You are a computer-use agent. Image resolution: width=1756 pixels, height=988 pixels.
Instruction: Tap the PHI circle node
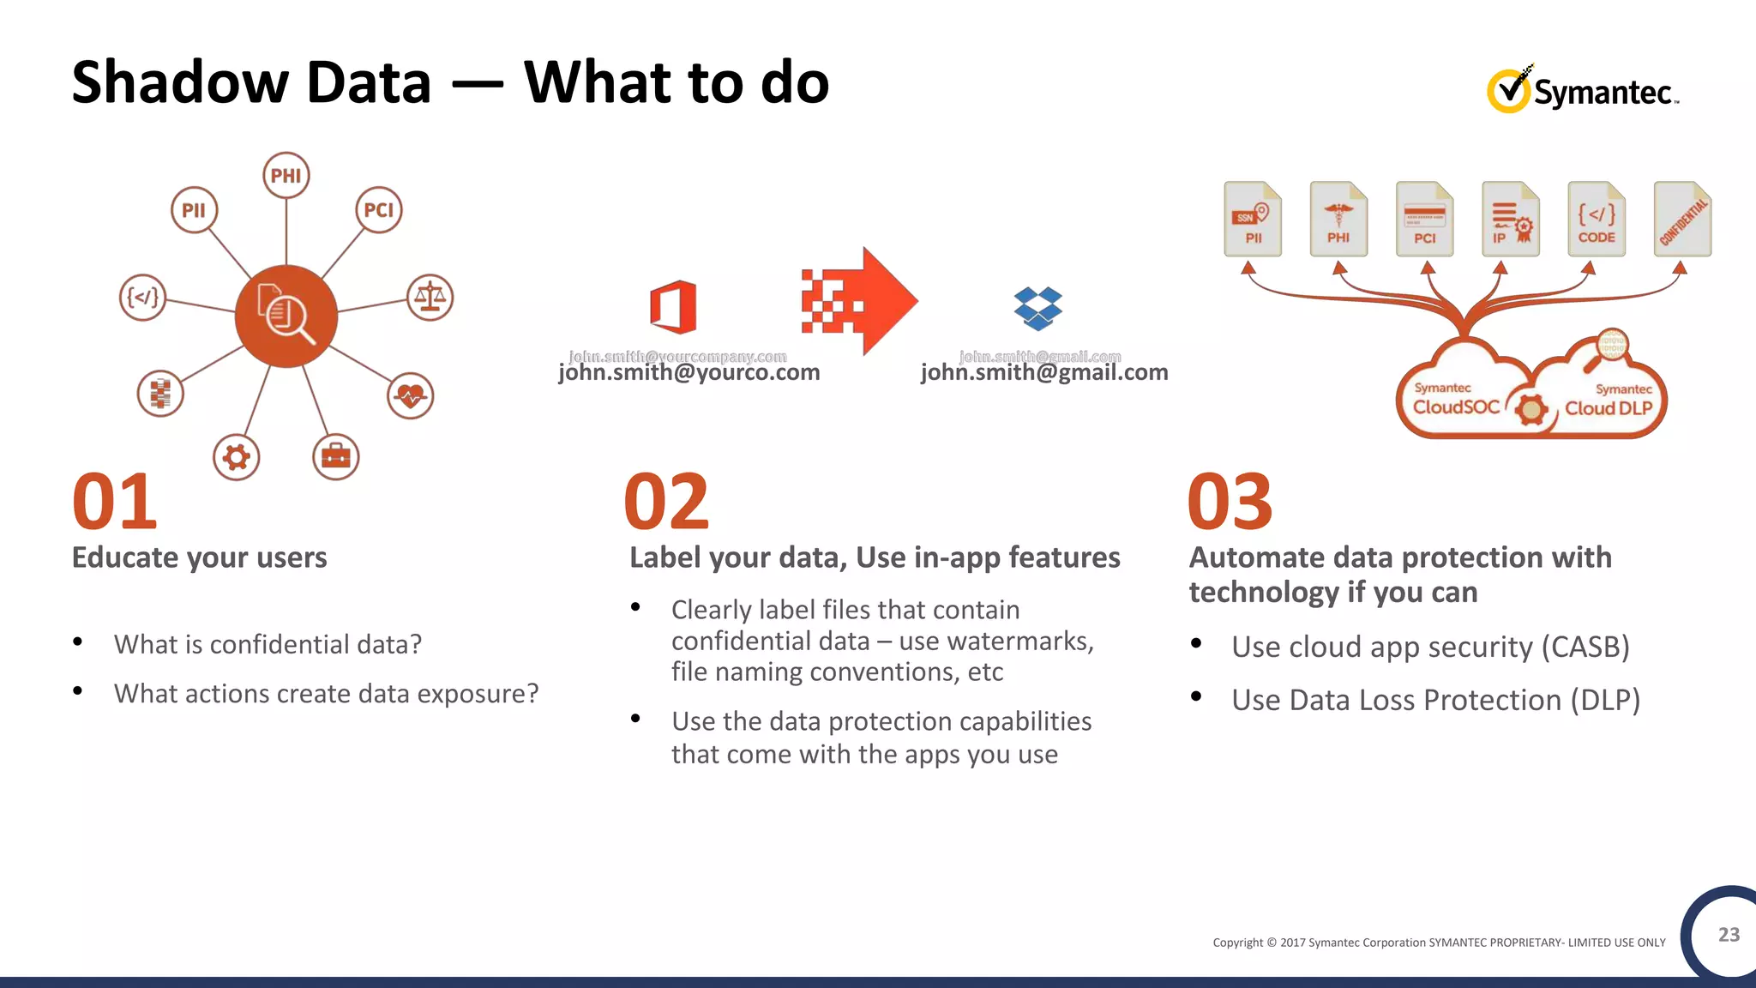(x=286, y=176)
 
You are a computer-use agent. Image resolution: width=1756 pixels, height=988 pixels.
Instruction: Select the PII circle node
(x=194, y=210)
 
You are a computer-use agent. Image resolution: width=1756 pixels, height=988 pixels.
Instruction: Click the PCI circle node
(x=378, y=210)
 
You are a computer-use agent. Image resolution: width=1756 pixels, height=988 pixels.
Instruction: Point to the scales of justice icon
(x=430, y=298)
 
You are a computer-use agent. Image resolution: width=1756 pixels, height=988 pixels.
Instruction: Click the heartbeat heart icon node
(x=411, y=395)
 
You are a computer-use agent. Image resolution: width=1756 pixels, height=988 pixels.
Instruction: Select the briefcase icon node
(x=335, y=456)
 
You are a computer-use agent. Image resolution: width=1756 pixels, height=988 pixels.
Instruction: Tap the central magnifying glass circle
(x=286, y=316)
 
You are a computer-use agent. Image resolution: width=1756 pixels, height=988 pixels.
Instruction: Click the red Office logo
(x=673, y=306)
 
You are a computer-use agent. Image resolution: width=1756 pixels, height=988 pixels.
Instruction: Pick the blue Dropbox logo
(x=1037, y=308)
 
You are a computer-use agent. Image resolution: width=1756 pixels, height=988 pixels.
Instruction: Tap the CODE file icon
(x=1596, y=220)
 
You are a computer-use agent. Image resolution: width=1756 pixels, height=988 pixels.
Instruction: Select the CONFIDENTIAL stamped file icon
(x=1682, y=220)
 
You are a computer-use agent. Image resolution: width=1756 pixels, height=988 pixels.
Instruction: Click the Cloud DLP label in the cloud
(x=1609, y=408)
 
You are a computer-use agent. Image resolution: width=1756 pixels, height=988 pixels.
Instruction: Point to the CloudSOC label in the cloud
(x=1456, y=407)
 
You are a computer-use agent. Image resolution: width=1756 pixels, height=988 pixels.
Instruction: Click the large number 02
(x=666, y=503)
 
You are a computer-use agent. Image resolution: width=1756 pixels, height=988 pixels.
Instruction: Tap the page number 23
(x=1729, y=935)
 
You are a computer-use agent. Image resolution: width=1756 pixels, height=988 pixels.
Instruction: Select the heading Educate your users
(x=199, y=557)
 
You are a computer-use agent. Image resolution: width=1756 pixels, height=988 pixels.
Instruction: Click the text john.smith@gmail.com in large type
(x=1043, y=373)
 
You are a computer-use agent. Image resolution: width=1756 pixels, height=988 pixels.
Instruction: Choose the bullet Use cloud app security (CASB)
(x=1429, y=647)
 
